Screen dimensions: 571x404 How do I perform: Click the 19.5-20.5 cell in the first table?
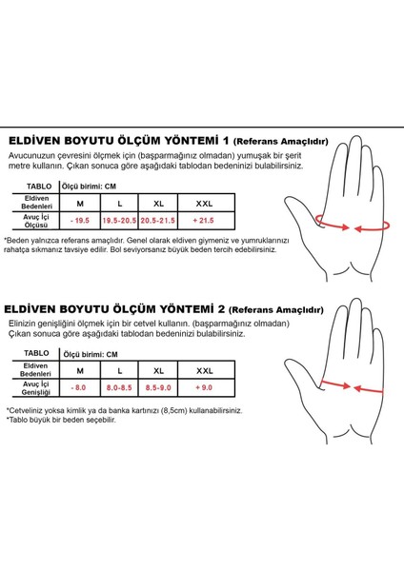click(119, 220)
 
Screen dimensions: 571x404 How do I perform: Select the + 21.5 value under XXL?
click(204, 220)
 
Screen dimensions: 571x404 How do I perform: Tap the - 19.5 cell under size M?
click(80, 220)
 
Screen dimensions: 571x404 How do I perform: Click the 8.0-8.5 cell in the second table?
click(119, 388)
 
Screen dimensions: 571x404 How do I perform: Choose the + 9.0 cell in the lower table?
click(204, 388)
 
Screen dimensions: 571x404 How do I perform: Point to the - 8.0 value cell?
click(80, 388)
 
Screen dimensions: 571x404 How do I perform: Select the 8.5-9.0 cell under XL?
click(157, 388)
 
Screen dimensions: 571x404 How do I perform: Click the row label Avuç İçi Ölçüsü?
click(36, 221)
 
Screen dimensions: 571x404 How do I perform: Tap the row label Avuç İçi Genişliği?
click(36, 388)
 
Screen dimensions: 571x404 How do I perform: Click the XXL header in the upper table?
click(204, 203)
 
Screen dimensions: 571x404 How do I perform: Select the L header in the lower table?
click(119, 370)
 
